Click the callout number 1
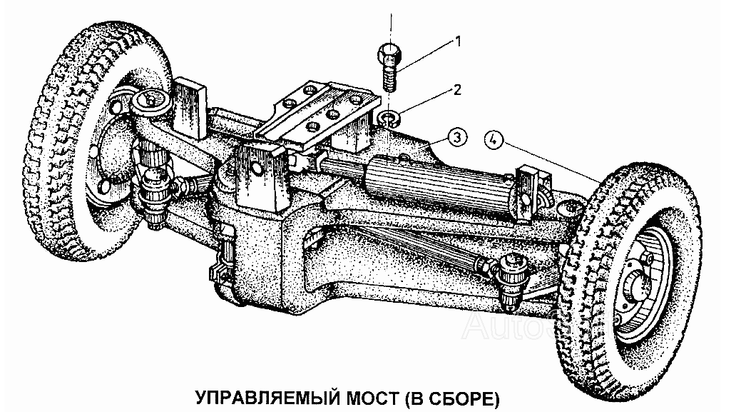[457, 41]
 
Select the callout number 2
[457, 89]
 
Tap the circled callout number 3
[457, 138]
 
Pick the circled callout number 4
[494, 140]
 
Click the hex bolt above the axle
[388, 66]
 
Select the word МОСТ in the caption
[373, 398]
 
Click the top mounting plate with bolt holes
[317, 113]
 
